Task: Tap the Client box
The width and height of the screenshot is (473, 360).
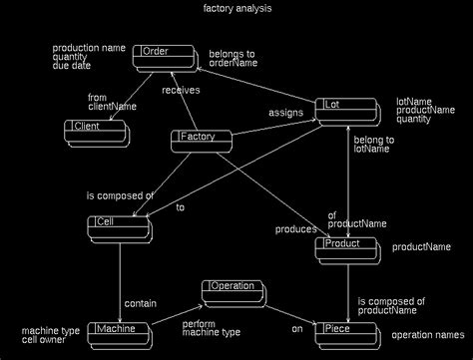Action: (x=94, y=129)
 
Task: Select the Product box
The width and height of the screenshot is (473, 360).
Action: (x=345, y=247)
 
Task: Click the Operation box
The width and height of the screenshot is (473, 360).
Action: (x=233, y=290)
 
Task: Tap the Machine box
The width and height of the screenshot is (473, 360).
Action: (x=122, y=331)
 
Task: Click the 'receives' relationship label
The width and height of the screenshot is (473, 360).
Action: (x=180, y=90)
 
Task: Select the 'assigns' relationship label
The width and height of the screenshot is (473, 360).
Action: (x=284, y=113)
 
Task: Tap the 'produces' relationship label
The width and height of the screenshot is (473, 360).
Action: (x=294, y=229)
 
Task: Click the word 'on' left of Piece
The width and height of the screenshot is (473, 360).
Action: (x=296, y=328)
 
